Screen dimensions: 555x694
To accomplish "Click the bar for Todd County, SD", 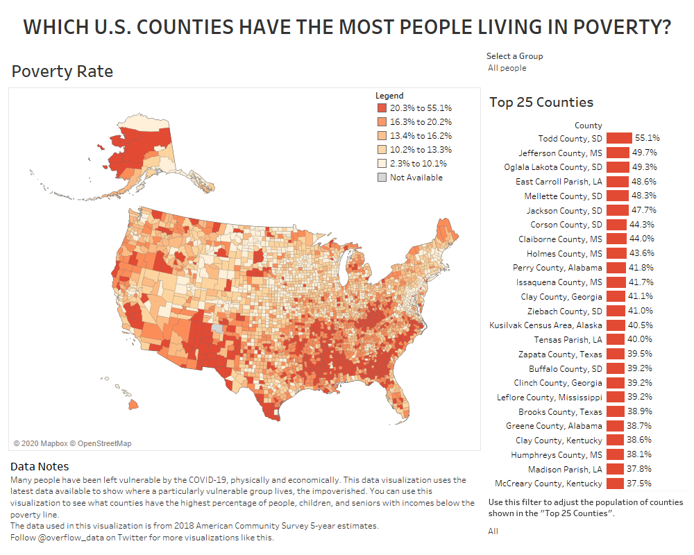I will (619, 138).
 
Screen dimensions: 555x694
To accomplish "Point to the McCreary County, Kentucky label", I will (548, 484).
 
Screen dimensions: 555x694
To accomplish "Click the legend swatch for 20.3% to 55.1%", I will (381, 108).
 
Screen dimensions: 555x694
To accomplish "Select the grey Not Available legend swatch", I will (381, 178).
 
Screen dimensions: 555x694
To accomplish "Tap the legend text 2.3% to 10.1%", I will (418, 164).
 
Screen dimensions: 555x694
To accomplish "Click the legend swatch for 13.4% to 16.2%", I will (381, 136).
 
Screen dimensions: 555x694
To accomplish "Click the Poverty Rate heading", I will (62, 71).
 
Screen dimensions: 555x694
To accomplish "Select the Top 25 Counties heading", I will (541, 102).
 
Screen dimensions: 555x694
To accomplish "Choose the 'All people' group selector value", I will (507, 68).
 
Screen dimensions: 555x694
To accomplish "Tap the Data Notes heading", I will (40, 466).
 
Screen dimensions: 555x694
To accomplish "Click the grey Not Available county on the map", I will (218, 329).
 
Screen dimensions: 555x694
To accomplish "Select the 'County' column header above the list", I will (588, 126).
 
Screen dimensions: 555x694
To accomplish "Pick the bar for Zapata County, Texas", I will (614, 355).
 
